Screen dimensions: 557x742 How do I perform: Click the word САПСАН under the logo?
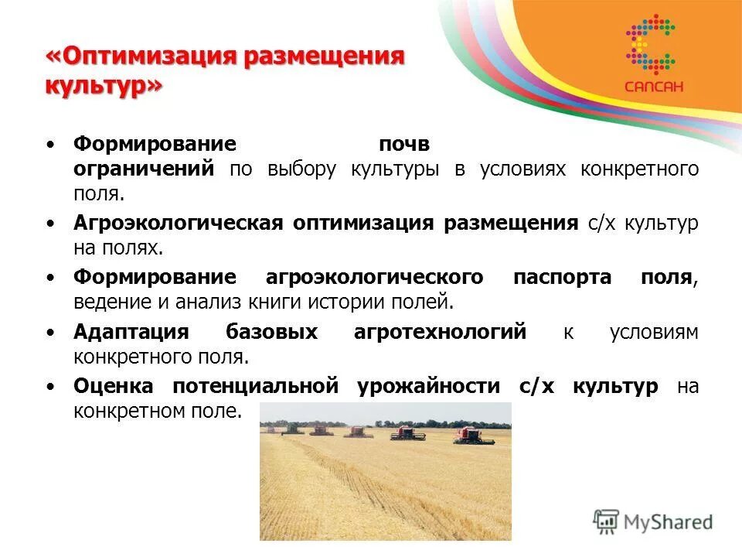coord(653,87)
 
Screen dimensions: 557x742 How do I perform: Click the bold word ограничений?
coord(144,169)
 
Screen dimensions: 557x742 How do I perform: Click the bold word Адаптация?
coord(131,332)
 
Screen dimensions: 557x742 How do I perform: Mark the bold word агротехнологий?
coord(440,332)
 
